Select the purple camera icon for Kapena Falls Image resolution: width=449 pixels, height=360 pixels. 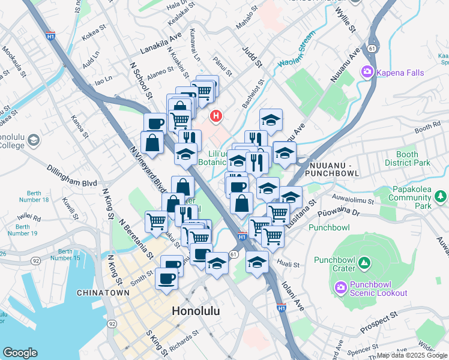coord(366,73)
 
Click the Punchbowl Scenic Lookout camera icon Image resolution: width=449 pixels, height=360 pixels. coord(342,287)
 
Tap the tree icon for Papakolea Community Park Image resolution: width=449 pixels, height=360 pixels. coord(441,196)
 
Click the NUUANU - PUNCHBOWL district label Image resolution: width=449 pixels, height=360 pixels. coord(333,169)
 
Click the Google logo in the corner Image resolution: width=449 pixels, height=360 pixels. coord(19,353)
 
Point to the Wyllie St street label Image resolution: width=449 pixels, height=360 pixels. coord(345,21)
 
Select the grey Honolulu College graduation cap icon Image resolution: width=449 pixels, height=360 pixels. coord(34,140)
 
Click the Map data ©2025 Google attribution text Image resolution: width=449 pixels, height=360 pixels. coord(412,355)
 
